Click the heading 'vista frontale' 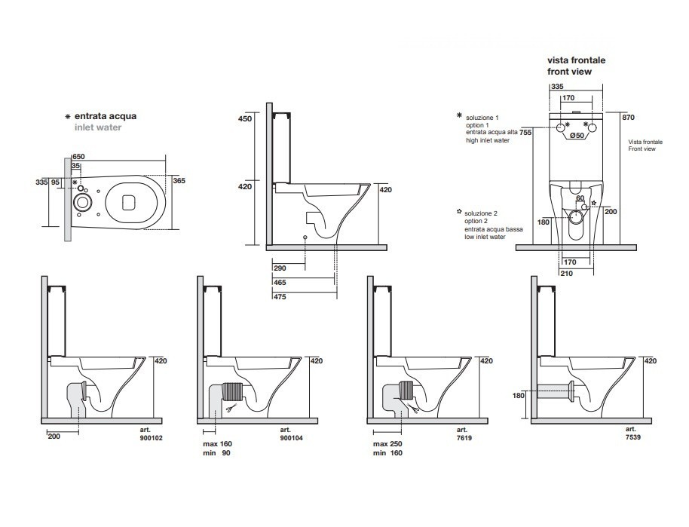(x=576, y=60)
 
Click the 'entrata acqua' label (x=105, y=117)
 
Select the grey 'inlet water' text (x=97, y=127)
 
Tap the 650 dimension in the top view (x=78, y=156)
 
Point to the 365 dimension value (x=179, y=180)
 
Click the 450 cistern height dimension (x=244, y=119)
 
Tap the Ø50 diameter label (x=577, y=136)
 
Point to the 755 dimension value (x=526, y=133)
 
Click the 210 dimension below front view (x=566, y=273)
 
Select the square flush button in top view (x=127, y=201)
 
